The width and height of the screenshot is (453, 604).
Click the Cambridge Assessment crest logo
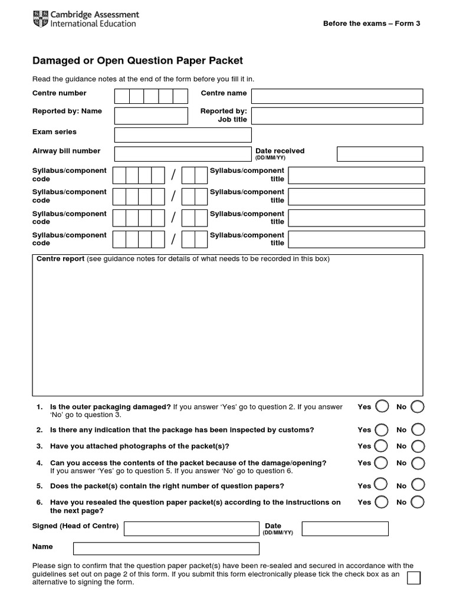40,19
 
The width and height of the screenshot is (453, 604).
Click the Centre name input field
337,96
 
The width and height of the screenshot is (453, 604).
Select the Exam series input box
182,135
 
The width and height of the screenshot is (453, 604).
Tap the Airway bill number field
182,154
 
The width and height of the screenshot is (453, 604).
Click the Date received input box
379,154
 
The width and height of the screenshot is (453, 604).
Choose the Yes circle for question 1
382,406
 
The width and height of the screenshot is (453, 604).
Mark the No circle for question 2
418,429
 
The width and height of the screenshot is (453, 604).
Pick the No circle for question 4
418,463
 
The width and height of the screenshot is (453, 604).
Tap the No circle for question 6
418,502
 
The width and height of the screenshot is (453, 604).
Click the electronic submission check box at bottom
414,577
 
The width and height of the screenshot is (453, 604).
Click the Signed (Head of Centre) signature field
191,528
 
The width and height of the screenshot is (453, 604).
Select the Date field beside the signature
345,528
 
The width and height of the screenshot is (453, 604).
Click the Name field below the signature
166,549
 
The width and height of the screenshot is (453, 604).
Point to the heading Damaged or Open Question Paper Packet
137,61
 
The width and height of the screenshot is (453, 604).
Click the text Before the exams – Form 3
372,24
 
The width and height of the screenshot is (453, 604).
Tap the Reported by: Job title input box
337,116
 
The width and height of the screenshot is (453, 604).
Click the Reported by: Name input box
150,116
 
